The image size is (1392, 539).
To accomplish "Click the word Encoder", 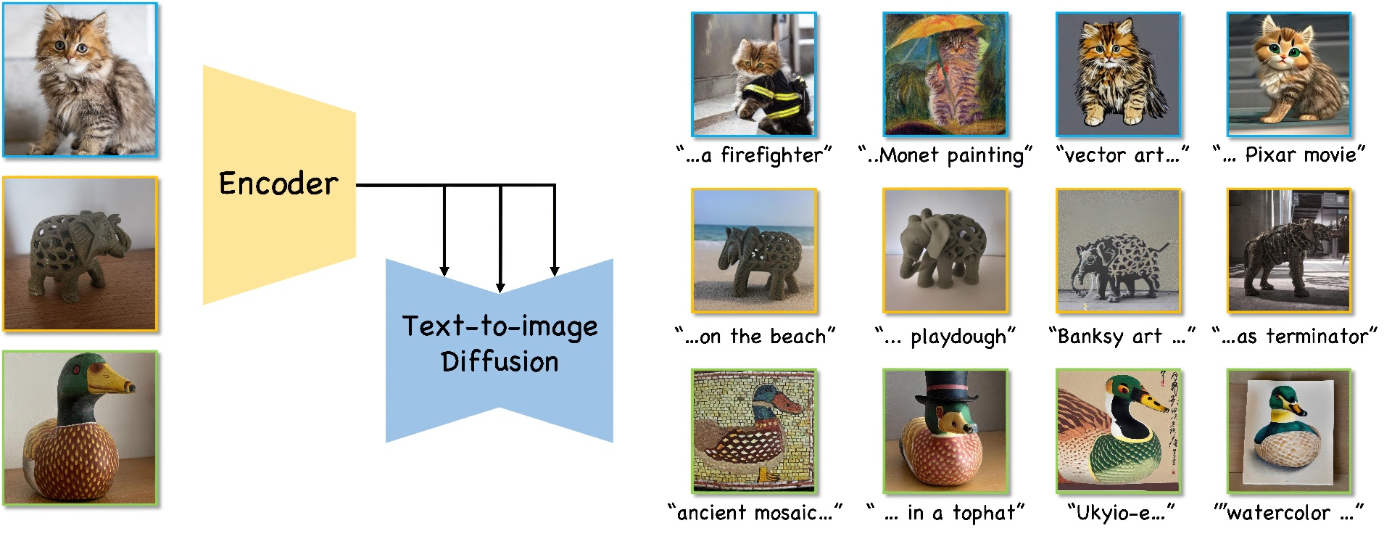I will (x=278, y=184).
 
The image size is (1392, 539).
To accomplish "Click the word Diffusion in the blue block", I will (x=500, y=361).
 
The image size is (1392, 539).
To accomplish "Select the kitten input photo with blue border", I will (x=80, y=80).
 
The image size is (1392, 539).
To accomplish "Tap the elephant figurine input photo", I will (x=80, y=254).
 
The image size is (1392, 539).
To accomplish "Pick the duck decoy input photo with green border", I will (x=80, y=428).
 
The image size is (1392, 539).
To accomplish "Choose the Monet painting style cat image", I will (x=945, y=74).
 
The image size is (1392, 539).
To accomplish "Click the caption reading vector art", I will (x=1122, y=155).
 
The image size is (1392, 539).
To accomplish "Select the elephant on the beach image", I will (x=754, y=251).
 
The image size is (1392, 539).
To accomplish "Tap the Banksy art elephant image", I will (x=1118, y=251).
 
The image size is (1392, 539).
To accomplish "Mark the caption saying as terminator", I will (x=1294, y=337).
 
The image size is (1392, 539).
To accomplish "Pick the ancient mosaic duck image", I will (x=754, y=431).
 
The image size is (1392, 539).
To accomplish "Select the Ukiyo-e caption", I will (x=1121, y=513).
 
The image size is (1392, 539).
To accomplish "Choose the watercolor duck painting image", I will (x=1288, y=431).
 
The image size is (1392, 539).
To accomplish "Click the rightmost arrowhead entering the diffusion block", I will (x=555, y=271).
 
